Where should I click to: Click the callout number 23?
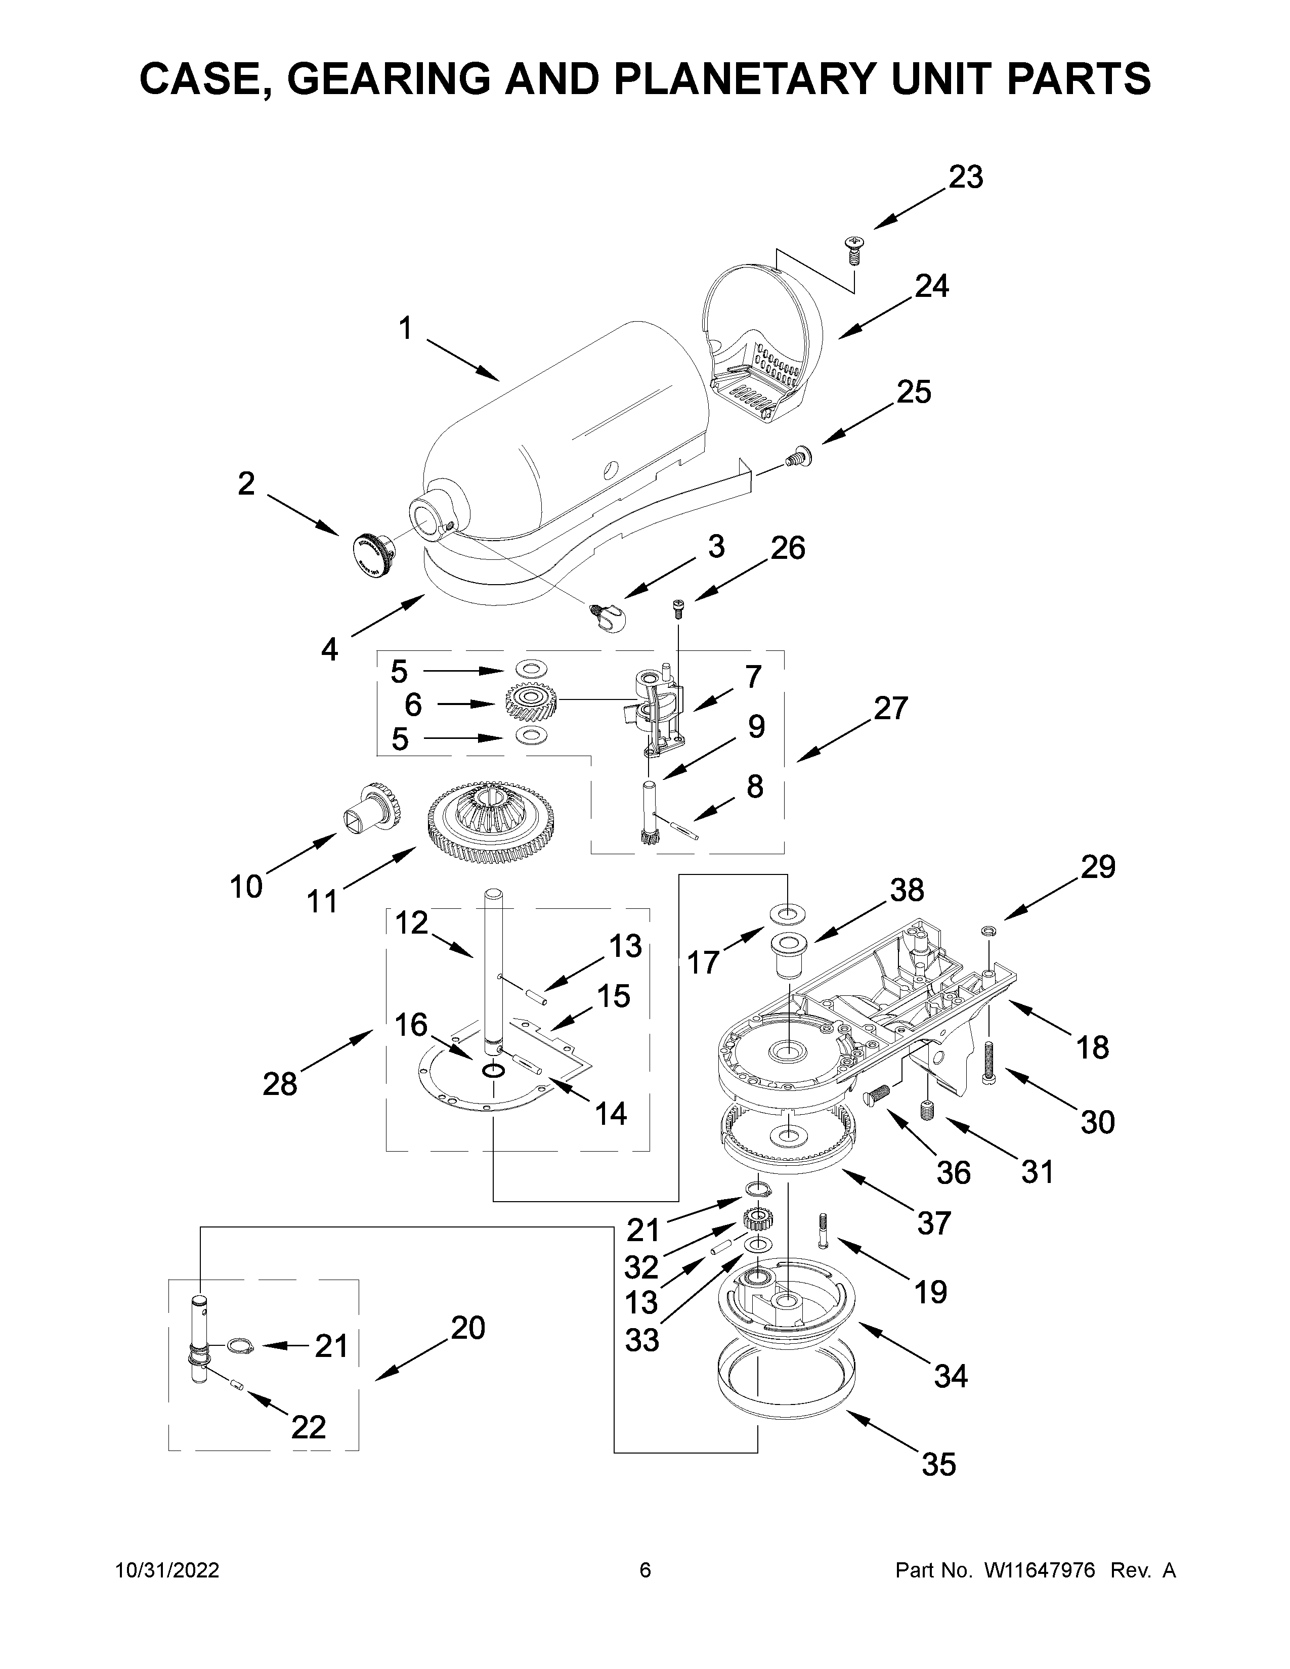click(x=965, y=178)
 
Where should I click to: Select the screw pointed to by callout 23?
click(x=853, y=250)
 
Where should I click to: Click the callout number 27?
click(x=890, y=709)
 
